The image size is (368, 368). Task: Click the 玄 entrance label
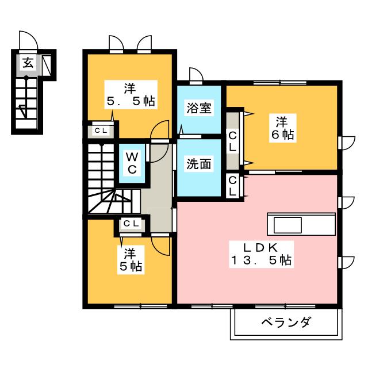point(28,63)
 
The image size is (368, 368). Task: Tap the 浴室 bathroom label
point(199,108)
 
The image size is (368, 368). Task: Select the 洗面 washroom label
point(199,164)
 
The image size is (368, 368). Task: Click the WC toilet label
point(132,163)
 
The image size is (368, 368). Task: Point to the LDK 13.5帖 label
point(261,254)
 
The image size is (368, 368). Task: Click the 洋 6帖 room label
point(282,128)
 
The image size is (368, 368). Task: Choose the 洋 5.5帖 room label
point(131,94)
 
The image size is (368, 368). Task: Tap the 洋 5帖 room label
point(131,260)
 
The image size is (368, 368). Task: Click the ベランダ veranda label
point(286,322)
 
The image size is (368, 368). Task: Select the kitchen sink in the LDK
point(288,225)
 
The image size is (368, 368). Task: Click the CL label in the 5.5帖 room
point(101,131)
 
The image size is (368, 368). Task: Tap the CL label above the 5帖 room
point(132,224)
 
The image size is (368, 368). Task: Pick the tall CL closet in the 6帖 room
point(232,141)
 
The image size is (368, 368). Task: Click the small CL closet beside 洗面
point(232,186)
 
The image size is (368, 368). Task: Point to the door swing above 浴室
point(196,75)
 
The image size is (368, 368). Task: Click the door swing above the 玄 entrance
point(28,40)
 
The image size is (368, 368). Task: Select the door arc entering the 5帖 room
point(160,246)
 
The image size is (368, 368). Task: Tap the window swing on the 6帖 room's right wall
point(348,143)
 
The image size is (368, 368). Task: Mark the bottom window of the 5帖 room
point(140,306)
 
